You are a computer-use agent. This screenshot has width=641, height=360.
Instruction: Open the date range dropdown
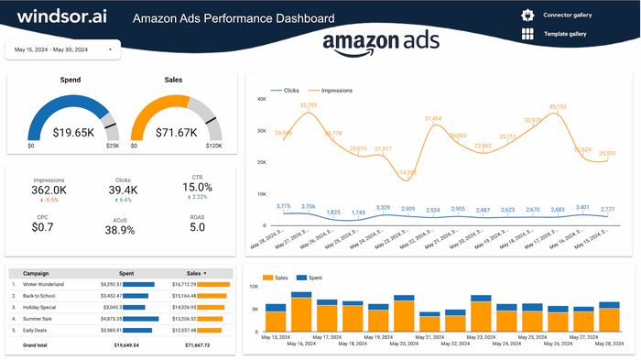[62, 49]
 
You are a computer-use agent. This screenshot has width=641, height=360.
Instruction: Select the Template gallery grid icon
[527, 35]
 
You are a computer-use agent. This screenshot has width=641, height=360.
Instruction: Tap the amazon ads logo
[381, 44]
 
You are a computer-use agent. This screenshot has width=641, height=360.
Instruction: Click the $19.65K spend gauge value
[73, 132]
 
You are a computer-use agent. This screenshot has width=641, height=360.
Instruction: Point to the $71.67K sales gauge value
[175, 132]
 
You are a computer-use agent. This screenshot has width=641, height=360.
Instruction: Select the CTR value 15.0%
[198, 188]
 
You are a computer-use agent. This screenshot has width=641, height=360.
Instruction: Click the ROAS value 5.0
[197, 227]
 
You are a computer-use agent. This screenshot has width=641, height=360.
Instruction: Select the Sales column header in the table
[194, 273]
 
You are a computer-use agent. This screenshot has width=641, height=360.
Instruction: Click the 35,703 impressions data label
[308, 105]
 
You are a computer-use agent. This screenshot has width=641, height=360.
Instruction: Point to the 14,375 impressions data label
[408, 172]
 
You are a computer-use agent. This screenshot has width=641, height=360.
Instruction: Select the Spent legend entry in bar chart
[313, 278]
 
